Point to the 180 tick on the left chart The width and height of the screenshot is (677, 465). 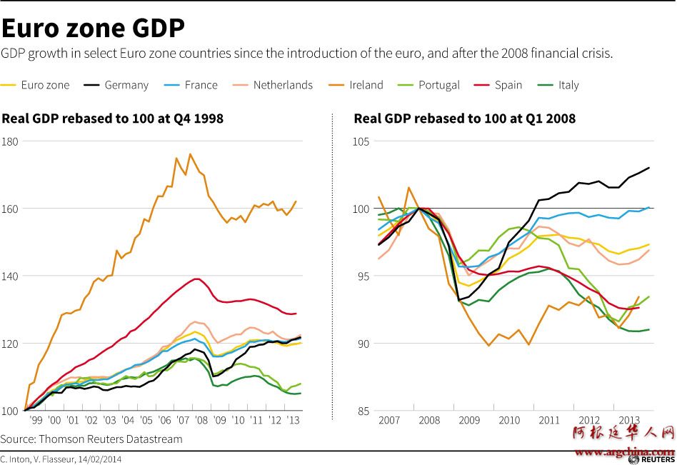[10, 141]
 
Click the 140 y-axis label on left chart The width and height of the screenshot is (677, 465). [10, 276]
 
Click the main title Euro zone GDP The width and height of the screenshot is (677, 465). [93, 28]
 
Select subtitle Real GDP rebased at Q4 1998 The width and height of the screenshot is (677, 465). [113, 119]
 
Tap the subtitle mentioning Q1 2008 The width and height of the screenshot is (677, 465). [464, 119]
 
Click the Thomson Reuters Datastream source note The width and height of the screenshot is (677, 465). [91, 439]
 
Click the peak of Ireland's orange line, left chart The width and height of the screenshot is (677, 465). [190, 154]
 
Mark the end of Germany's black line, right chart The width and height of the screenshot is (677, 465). [648, 168]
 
